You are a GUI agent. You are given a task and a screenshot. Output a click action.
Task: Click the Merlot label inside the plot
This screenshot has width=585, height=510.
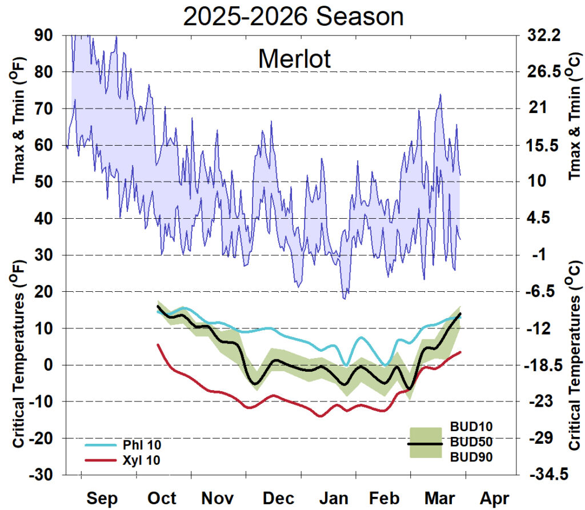[x=294, y=58]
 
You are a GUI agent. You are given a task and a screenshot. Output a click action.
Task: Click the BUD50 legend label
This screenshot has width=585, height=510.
[x=471, y=441]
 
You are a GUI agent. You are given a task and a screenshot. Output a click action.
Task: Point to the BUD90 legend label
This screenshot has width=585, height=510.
[x=471, y=456]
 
